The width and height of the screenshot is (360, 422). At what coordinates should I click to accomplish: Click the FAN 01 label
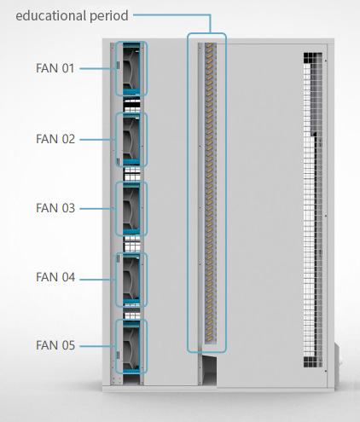[55, 68]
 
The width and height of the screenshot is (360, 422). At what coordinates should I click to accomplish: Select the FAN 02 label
[55, 139]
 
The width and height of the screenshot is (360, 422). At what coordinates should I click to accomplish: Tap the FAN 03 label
[55, 208]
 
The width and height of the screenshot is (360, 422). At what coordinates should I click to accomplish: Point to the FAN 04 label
[55, 277]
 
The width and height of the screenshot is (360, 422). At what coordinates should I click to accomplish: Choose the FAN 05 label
[55, 345]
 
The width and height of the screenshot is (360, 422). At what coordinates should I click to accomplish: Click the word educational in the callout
[51, 15]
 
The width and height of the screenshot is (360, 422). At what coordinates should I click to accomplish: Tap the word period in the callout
[109, 16]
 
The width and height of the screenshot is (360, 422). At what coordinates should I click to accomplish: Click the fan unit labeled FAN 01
[131, 68]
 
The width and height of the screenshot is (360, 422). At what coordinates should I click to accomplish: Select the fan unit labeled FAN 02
[131, 140]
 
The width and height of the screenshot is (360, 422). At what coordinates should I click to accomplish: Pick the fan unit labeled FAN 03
[131, 209]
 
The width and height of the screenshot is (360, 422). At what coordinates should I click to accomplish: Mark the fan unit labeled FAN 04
[131, 280]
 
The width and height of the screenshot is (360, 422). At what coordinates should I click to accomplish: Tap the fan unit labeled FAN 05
[131, 346]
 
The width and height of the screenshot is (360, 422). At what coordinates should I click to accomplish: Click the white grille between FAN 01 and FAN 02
[132, 105]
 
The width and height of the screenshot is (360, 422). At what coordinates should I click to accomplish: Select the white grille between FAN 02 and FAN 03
[132, 174]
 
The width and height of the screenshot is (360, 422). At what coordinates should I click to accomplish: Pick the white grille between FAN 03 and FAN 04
[132, 245]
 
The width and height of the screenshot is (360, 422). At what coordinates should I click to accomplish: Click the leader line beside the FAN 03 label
[97, 209]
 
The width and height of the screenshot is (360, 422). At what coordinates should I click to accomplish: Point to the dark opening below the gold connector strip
[209, 369]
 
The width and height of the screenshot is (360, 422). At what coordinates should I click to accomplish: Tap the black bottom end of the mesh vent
[312, 362]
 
